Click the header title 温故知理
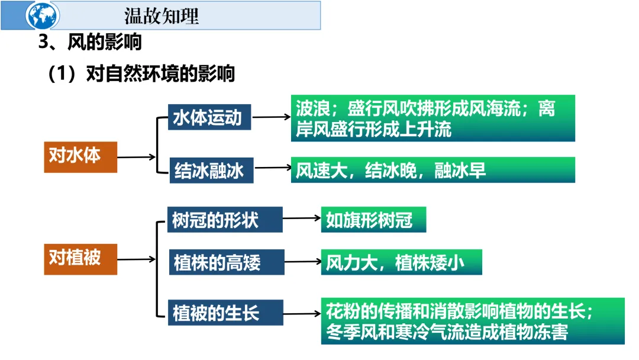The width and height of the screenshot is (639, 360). (162, 15)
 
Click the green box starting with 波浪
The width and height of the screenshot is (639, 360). (433, 118)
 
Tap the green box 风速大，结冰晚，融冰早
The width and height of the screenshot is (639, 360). (433, 170)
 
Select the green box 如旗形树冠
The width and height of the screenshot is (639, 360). (373, 220)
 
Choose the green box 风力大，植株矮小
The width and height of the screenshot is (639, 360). (401, 262)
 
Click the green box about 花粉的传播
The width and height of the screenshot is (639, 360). (473, 321)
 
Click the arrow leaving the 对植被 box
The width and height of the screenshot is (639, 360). (136, 259)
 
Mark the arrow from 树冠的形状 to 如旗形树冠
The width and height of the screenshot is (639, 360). (302, 219)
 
